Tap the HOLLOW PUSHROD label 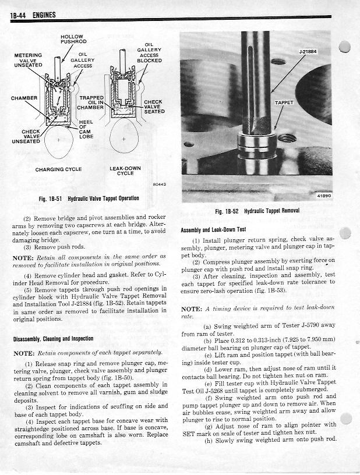click(x=73, y=40)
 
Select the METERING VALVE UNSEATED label click(x=28, y=60)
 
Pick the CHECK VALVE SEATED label click(x=154, y=107)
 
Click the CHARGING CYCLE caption click(x=58, y=169)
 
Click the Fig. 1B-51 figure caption click(x=89, y=198)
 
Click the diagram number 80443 click(x=159, y=185)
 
